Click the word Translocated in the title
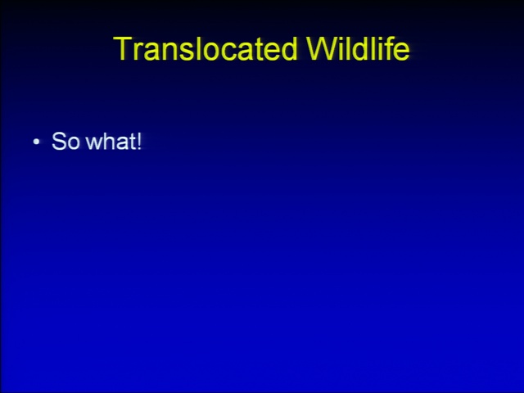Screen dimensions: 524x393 [206, 48]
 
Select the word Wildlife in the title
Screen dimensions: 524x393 [358, 48]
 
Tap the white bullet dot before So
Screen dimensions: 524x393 [36, 142]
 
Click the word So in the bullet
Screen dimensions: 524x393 [65, 141]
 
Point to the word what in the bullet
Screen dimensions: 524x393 [111, 141]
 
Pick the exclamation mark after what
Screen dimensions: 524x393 [139, 141]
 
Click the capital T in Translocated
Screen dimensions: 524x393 [123, 48]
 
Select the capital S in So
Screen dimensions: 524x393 [59, 141]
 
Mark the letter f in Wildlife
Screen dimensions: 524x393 [388, 48]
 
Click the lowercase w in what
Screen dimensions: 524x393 [94, 144]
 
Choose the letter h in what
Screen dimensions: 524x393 [110, 141]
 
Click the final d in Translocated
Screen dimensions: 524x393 [289, 48]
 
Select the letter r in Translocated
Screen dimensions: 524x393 [137, 52]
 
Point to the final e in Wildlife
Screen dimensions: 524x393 [402, 52]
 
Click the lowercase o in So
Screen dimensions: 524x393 [74, 144]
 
